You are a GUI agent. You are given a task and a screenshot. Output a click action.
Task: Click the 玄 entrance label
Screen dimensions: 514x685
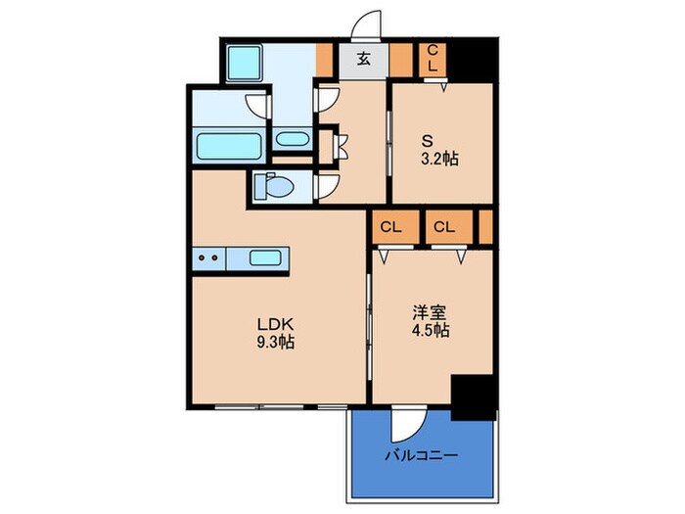pyautogui.click(x=363, y=59)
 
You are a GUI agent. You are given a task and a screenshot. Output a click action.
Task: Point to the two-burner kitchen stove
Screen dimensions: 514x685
pyautogui.click(x=207, y=259)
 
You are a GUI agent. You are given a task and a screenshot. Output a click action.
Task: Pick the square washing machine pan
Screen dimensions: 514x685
pyautogui.click(x=241, y=64)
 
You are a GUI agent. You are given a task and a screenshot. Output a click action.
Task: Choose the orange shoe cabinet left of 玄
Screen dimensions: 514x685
pyautogui.click(x=325, y=59)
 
